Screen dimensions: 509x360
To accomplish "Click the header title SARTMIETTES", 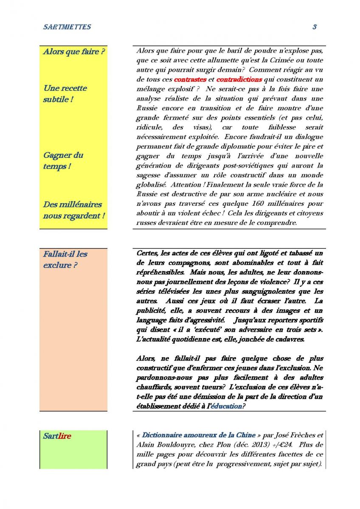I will [x=67, y=27].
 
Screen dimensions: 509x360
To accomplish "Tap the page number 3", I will [x=315, y=27].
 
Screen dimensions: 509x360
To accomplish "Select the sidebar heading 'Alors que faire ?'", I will [x=74, y=52].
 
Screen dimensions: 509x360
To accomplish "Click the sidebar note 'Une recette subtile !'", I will [x=65, y=94].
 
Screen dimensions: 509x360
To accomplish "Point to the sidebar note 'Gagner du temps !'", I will [x=63, y=160].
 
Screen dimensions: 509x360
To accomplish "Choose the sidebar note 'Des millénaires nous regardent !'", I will [x=73, y=210].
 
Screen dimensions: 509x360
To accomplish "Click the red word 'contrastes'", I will [x=190, y=79].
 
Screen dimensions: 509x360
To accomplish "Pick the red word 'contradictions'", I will [x=239, y=79].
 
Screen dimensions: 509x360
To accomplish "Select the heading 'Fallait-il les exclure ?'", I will [x=65, y=260].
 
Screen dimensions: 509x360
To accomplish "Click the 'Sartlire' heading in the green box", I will [x=57, y=436].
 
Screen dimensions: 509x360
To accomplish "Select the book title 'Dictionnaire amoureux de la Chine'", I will [x=199, y=435].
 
